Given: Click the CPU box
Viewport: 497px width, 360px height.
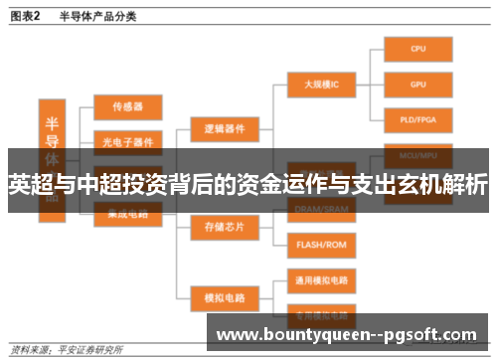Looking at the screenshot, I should point(418,48).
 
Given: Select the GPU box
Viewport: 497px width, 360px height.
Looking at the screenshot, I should point(418,85).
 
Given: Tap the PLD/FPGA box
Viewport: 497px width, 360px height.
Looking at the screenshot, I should point(418,120).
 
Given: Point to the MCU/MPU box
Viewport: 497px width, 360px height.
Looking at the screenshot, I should point(418,155).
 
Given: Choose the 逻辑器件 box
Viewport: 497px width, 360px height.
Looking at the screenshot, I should point(225,128).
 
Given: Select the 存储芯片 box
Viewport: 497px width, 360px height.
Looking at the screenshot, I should point(225,226).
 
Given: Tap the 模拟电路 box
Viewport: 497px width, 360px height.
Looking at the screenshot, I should point(225,295).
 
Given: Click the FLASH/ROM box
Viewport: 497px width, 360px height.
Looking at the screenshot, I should point(322,243).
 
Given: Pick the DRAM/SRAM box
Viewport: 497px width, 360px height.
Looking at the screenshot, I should point(322,208).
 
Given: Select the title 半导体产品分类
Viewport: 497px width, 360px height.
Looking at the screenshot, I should point(97,16).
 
